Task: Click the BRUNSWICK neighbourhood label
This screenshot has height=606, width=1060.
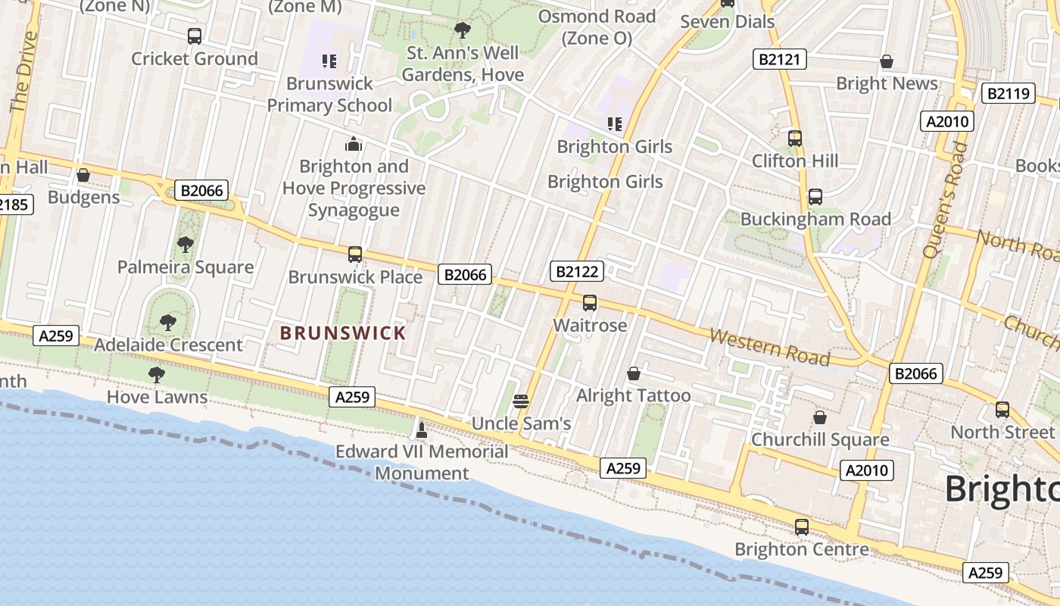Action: click(343, 333)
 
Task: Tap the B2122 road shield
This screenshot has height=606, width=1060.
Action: click(578, 271)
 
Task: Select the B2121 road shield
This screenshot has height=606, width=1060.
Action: click(780, 59)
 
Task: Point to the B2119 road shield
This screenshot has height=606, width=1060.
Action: click(1009, 93)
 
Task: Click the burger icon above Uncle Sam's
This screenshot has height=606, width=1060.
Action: click(521, 401)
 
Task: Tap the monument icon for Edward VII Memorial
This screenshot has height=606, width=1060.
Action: click(422, 430)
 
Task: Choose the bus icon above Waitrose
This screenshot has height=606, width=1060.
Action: click(590, 303)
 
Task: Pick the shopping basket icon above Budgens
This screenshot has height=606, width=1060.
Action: click(83, 176)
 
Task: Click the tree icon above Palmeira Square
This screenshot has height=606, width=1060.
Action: click(185, 245)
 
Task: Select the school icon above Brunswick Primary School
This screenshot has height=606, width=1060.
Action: click(329, 61)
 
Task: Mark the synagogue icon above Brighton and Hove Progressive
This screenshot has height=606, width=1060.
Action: click(354, 144)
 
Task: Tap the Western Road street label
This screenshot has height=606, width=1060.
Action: click(769, 346)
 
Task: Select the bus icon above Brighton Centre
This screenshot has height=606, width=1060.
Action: click(802, 527)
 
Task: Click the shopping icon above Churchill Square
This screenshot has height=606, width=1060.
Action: click(820, 417)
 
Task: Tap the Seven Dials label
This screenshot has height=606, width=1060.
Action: click(727, 21)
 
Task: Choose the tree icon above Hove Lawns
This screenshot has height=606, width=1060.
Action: click(157, 375)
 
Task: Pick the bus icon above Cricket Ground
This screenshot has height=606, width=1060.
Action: click(195, 36)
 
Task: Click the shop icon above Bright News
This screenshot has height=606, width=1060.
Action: click(887, 61)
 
